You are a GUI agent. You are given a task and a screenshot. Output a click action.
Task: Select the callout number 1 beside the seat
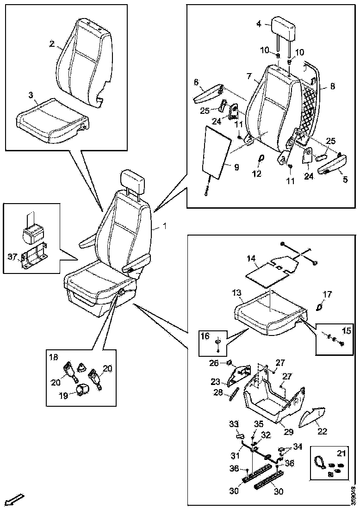163,227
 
